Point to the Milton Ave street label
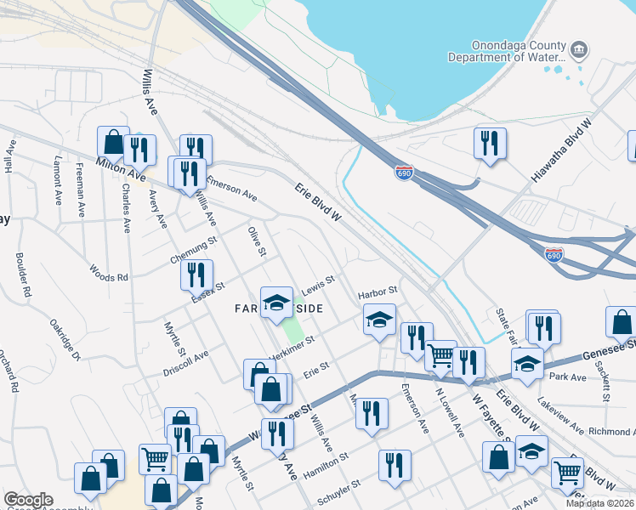(x=120, y=167)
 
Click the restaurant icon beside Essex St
(x=196, y=275)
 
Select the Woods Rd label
(x=109, y=273)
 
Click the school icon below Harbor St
(x=379, y=320)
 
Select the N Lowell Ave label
(x=450, y=413)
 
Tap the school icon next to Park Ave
(x=527, y=363)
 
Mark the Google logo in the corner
(x=28, y=500)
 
